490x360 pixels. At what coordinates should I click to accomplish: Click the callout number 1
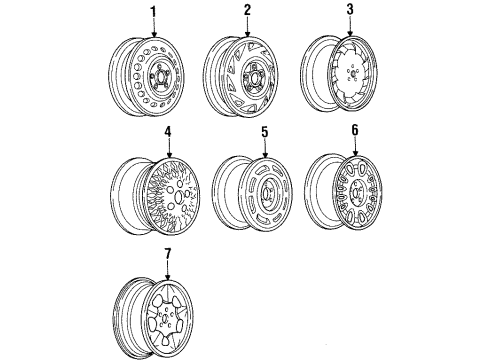tap(153, 11)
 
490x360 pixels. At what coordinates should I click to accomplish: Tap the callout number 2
tap(245, 11)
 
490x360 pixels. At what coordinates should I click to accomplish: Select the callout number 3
tap(350, 11)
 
